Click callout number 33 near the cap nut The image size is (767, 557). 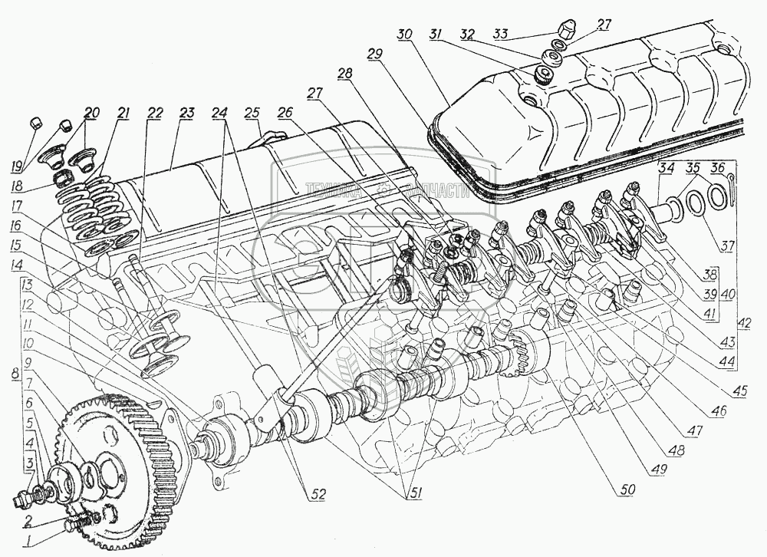(500, 33)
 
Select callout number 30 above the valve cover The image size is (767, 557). (406, 35)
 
